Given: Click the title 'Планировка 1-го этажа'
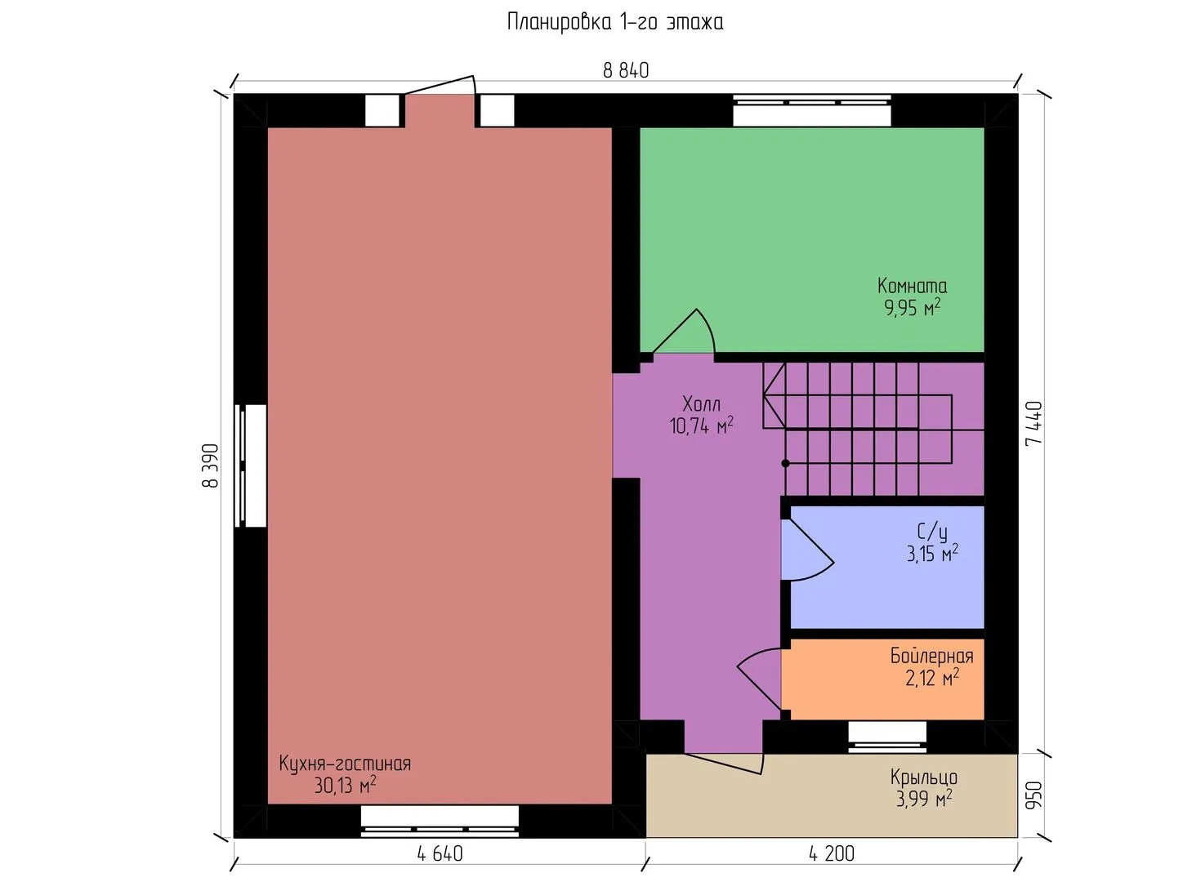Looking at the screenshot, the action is pos(615,23).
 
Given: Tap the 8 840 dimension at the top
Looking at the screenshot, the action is pos(626,70).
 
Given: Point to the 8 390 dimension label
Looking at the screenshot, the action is pos(211,465).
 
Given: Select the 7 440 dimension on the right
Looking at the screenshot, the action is pos(1034,424).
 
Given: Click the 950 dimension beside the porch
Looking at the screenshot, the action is pos(1034,795).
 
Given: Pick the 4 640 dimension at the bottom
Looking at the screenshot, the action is pos(440,854).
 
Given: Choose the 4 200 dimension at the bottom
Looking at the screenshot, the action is pos(832,854).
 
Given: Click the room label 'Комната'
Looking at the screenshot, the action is pos(912,286).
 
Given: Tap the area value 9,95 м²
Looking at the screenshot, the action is pos(912,308).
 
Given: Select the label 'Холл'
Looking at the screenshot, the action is pos(701,403).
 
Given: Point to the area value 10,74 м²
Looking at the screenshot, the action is pos(701,425).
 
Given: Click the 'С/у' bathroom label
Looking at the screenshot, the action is pos(932,532).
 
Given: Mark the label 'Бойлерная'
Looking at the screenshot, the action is pos(932,657).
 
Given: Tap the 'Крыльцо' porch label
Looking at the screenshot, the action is pos(924,777).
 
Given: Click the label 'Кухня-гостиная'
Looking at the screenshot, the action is pos(345,764).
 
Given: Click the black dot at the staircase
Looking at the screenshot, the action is pos(785,463).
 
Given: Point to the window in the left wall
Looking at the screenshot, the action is pos(251,465).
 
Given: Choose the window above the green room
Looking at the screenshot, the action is pos(811,110).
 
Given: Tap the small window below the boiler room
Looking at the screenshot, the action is pos(887,737).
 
